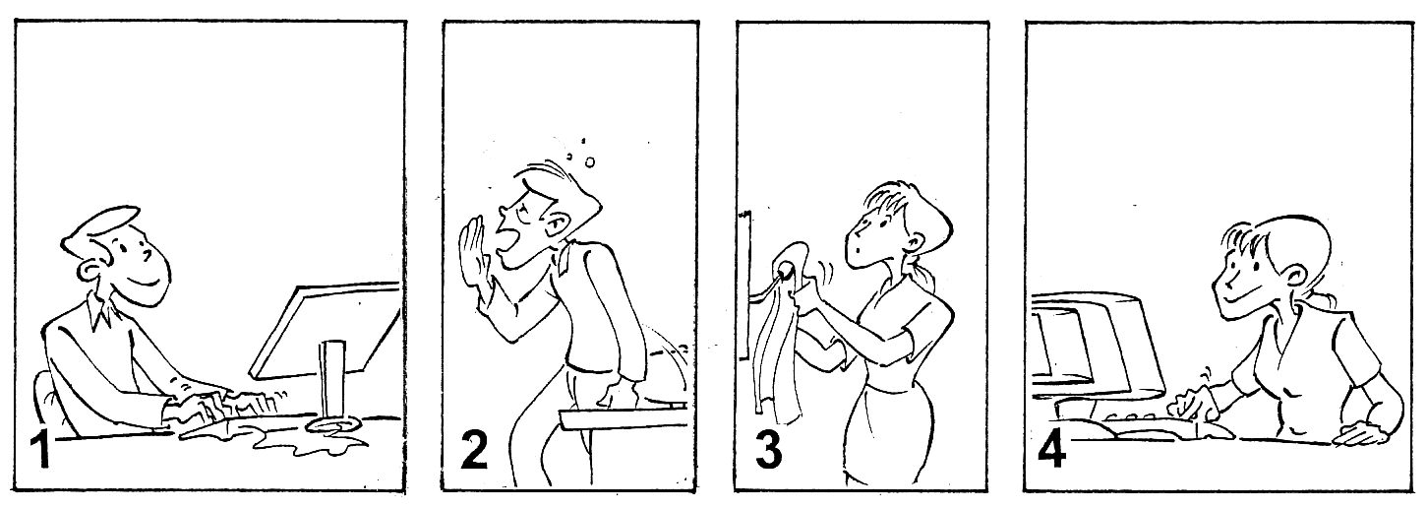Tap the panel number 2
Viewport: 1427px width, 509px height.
coord(474,449)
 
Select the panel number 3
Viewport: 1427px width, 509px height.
coord(769,449)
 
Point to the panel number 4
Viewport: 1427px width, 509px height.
coord(1051,449)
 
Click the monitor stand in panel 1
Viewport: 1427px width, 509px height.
coord(333,387)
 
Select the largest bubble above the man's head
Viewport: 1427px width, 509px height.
coord(589,162)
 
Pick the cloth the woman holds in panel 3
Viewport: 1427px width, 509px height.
coord(782,332)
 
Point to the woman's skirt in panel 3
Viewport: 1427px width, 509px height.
coord(890,434)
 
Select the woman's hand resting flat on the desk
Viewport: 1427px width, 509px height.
coord(1360,434)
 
